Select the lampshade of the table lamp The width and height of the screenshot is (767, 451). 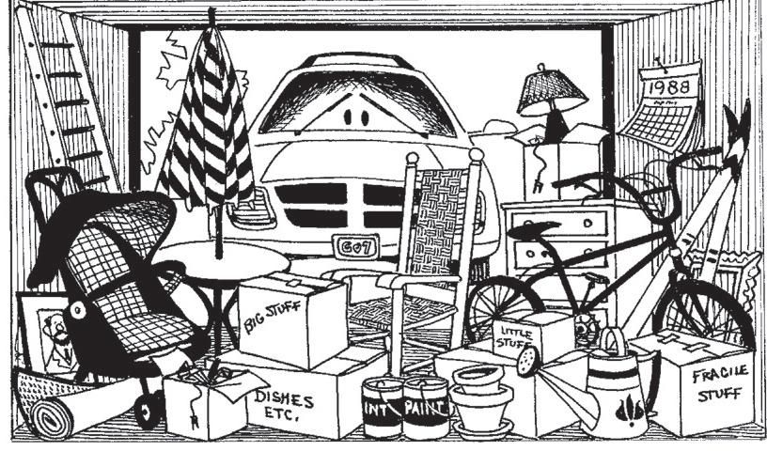pyautogui.click(x=552, y=86)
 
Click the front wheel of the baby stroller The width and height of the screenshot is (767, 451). pyautogui.click(x=148, y=411)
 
